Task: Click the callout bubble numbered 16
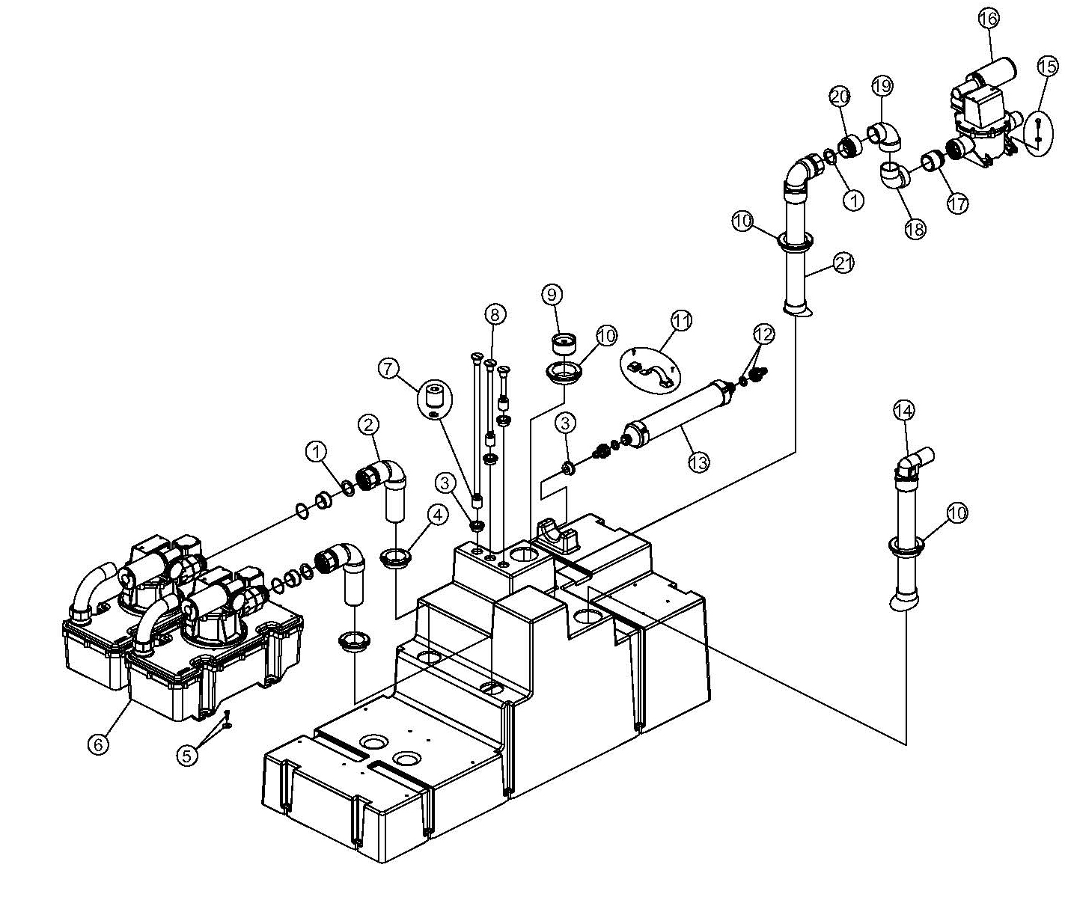tap(989, 19)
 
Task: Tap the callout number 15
tap(1046, 67)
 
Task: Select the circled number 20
tap(840, 96)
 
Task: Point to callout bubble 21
tap(843, 263)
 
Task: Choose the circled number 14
tap(904, 411)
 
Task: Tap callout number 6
tap(98, 744)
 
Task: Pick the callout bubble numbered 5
tap(186, 755)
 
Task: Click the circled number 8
tap(495, 313)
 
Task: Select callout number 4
tap(437, 515)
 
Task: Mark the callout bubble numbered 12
tap(764, 334)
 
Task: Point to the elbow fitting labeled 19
tap(884, 136)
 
